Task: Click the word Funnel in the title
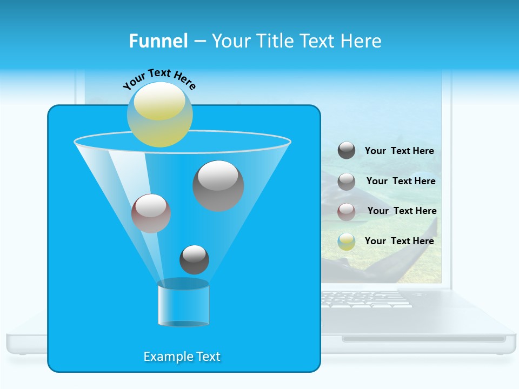tap(158, 41)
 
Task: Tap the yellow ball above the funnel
tap(160, 114)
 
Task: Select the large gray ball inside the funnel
tap(218, 185)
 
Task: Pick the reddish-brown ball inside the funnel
tap(151, 213)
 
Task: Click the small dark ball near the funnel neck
tap(194, 259)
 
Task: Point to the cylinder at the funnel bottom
tap(183, 303)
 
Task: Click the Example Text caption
tap(182, 357)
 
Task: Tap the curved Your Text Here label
tap(159, 79)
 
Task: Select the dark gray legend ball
tap(347, 151)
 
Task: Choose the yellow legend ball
tap(347, 242)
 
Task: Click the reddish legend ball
tap(347, 212)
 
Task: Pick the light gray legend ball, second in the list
tap(347, 182)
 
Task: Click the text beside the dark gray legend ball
tap(399, 151)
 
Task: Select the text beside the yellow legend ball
tap(399, 241)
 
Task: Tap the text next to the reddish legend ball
tap(402, 211)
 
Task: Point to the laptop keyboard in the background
tap(368, 299)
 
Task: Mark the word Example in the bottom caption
tap(164, 357)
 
